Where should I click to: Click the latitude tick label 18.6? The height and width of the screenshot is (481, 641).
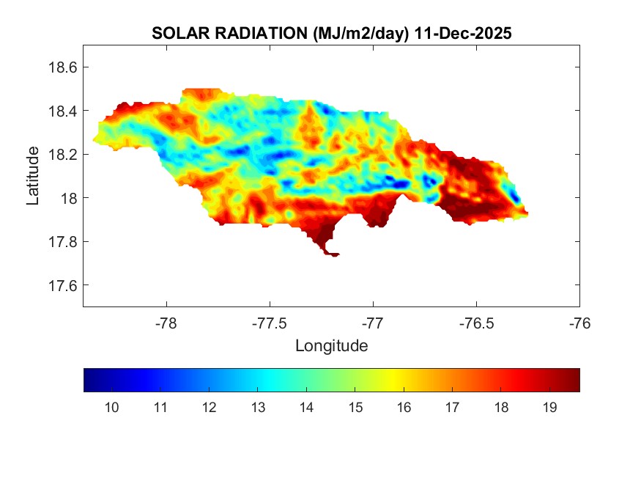[62, 67]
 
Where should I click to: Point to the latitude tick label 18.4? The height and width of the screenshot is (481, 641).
[62, 111]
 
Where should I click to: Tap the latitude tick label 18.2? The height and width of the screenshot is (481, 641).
[62, 155]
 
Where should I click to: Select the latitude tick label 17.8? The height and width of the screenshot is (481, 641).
[62, 242]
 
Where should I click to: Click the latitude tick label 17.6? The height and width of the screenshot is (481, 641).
[62, 285]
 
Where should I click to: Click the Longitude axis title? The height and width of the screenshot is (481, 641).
[331, 345]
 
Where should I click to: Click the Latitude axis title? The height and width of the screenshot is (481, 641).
[33, 176]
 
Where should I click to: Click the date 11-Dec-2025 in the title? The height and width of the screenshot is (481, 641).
[462, 33]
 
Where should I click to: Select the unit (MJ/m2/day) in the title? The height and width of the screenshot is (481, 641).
[357, 33]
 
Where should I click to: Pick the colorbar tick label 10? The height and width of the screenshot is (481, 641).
[112, 408]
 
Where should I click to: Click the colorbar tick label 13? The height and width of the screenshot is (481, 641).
[258, 408]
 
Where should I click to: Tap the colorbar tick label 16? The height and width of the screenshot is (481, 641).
[404, 408]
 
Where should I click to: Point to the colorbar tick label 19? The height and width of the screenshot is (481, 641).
[549, 408]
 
